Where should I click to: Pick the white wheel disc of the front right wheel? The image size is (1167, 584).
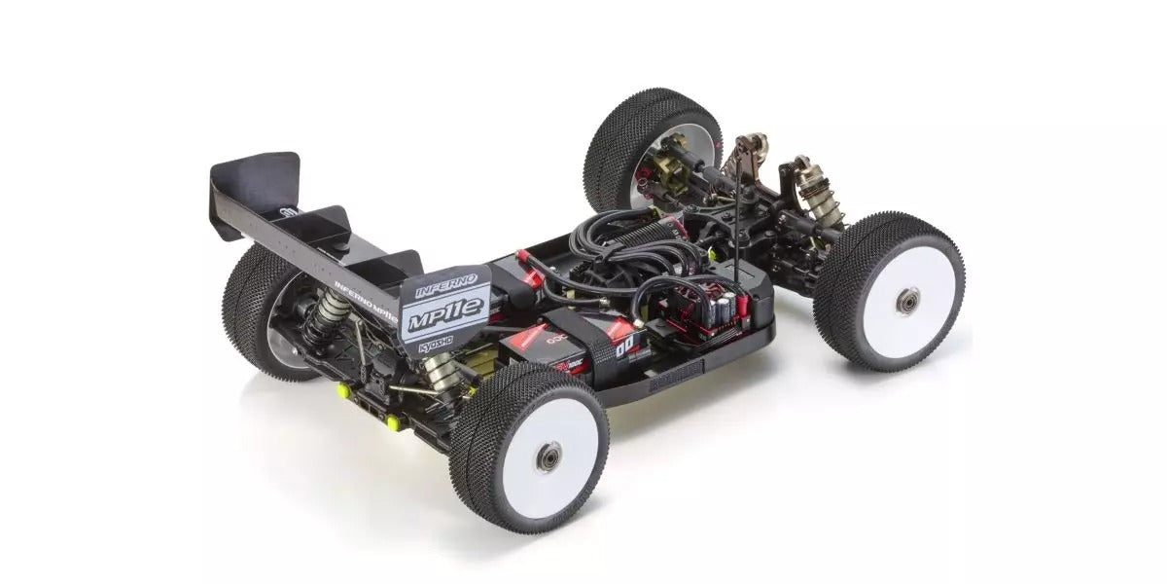[900, 297]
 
